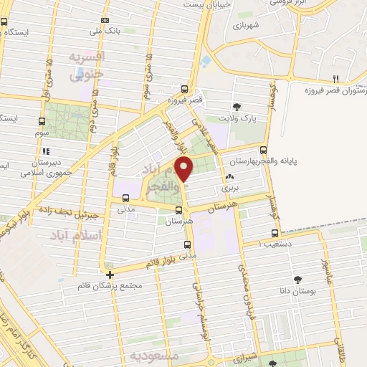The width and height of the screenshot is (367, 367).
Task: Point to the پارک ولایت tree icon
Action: [x=236, y=108]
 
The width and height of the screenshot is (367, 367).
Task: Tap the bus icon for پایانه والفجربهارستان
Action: [x=264, y=151]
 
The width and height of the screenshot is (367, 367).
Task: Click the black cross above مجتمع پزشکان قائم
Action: [x=110, y=275]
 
